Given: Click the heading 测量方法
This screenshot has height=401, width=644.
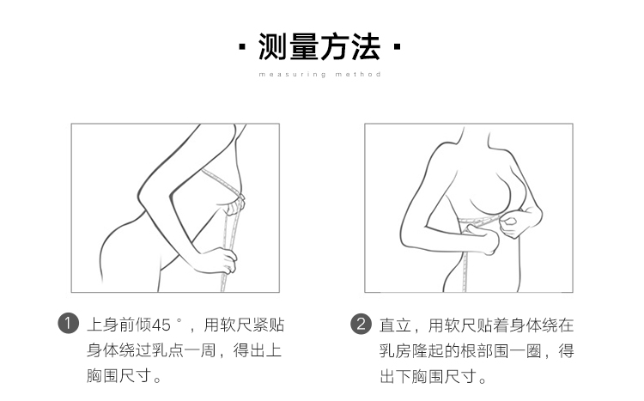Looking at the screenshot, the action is [319, 46].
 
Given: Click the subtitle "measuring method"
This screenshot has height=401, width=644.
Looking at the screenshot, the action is [320, 75].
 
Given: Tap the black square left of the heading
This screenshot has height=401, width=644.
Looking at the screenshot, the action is [242, 46].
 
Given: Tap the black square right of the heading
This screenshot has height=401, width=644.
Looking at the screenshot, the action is [397, 46].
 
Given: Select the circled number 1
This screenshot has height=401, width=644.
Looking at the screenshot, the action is [68, 324].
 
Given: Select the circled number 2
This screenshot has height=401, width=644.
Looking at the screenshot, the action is [361, 325].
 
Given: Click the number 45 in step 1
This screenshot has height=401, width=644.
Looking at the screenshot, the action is [161, 325].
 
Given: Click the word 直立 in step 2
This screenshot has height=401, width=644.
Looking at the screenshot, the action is [395, 325].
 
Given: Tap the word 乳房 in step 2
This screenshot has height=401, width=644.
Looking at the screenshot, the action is [395, 351].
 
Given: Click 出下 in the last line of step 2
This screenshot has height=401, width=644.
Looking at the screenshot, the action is [395, 376].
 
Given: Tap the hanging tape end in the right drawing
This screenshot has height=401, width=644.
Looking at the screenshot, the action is [465, 271].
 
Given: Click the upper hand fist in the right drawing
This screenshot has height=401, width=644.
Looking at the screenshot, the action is [512, 223].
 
